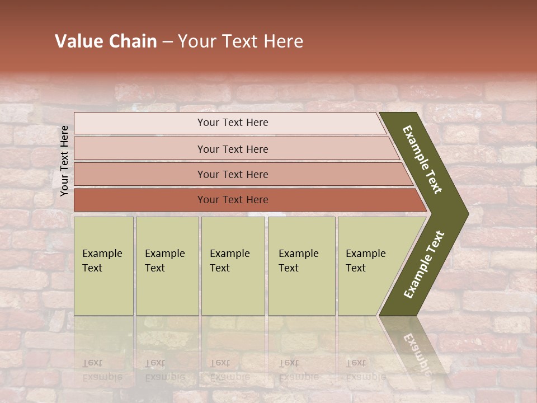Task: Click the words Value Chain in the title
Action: click(x=106, y=41)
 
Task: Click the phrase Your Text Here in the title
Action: click(x=241, y=41)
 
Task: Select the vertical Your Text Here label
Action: click(x=64, y=161)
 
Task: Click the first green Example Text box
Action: click(x=103, y=266)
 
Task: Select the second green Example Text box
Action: click(x=167, y=266)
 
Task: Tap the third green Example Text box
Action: click(x=233, y=266)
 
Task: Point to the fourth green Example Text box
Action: click(x=302, y=266)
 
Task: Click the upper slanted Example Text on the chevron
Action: click(x=422, y=160)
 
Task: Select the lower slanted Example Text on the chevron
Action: click(x=424, y=265)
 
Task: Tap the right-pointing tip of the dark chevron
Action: click(x=465, y=213)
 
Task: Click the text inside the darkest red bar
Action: click(x=233, y=200)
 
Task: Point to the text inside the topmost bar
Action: click(x=233, y=123)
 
